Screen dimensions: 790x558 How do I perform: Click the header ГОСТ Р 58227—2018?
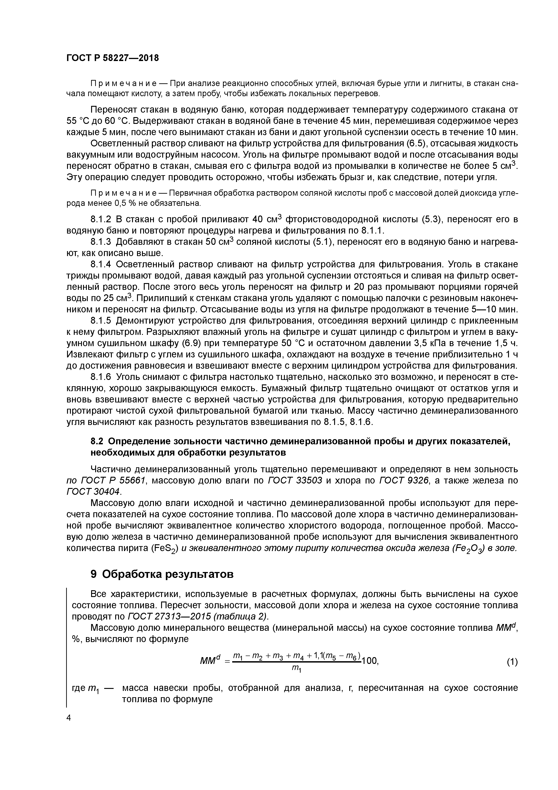click(x=112, y=58)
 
